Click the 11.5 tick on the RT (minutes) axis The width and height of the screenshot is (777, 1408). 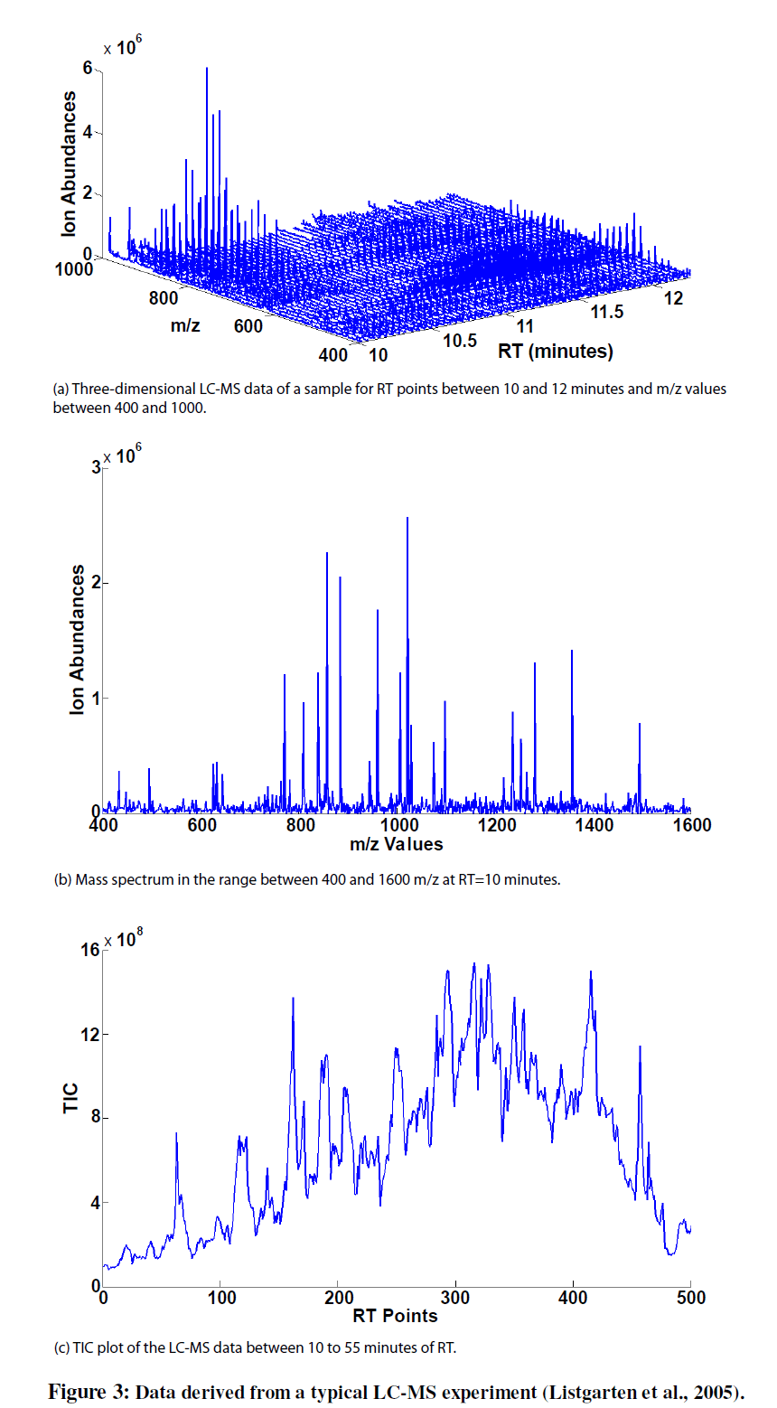tap(607, 312)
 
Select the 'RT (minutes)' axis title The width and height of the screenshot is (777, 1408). tap(556, 351)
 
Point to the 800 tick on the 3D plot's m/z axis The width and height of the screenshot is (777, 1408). tap(164, 297)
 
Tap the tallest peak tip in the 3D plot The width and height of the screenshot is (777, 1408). tap(207, 69)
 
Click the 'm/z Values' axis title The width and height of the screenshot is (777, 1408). tap(397, 844)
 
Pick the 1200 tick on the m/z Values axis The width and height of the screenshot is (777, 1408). tap(496, 825)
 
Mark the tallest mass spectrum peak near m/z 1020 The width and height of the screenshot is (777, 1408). tap(407, 519)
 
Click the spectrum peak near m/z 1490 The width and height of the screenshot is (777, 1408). tap(640, 725)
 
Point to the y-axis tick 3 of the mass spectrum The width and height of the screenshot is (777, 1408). tap(96, 467)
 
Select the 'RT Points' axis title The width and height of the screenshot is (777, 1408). tap(396, 1316)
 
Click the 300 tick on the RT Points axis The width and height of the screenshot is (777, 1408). tap(455, 1298)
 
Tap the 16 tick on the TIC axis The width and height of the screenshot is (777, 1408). tap(90, 950)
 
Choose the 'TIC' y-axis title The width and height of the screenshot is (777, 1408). tap(71, 1098)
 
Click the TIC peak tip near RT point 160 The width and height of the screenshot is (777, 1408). tap(293, 999)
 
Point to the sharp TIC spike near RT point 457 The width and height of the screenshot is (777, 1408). tap(641, 1047)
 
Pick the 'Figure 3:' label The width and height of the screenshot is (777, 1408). tap(89, 1392)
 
